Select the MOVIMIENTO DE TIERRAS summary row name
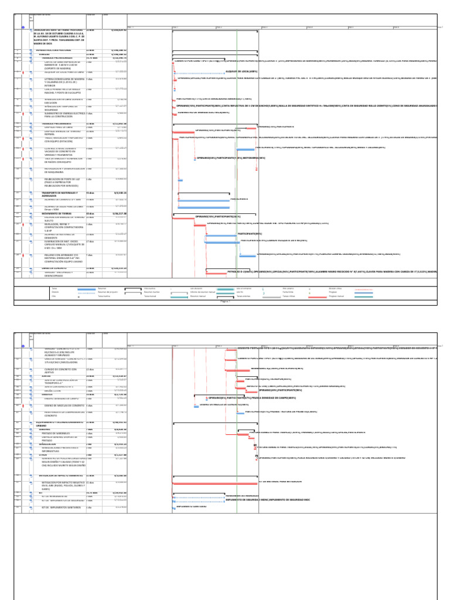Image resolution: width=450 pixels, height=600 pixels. point(56,214)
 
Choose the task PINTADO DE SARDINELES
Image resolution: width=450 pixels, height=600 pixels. point(59,433)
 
